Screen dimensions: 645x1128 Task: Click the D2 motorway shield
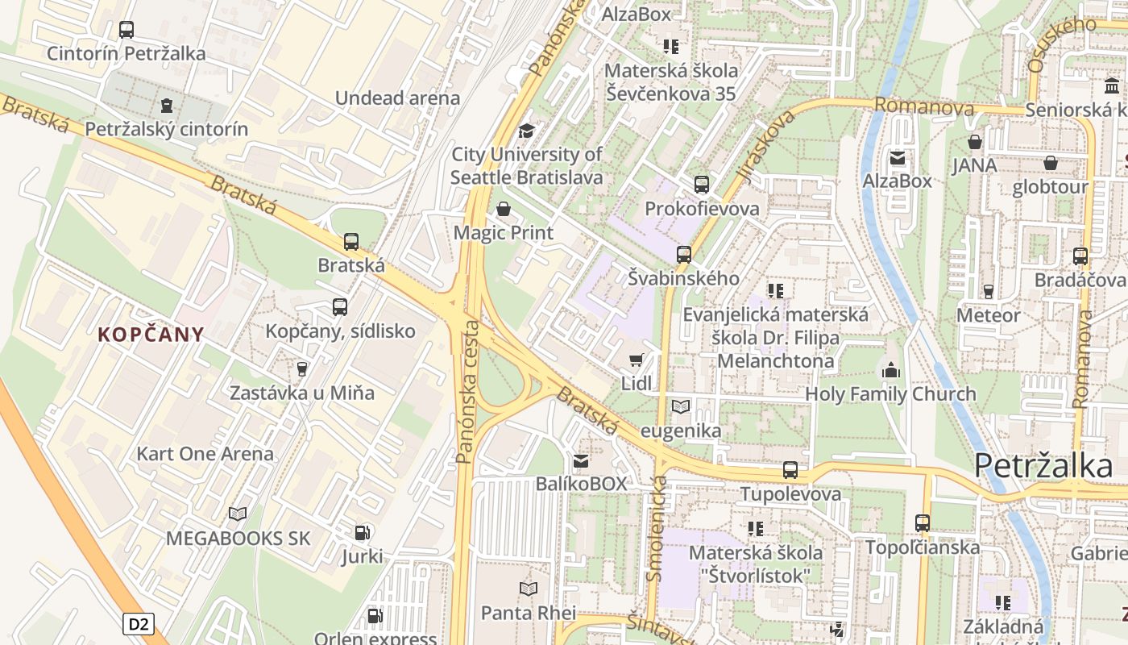click(x=139, y=623)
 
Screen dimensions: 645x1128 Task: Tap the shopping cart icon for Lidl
click(x=637, y=360)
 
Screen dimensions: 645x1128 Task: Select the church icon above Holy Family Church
click(x=890, y=370)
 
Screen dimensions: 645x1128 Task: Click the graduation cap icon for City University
click(x=526, y=131)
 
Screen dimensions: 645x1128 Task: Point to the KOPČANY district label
click(x=151, y=335)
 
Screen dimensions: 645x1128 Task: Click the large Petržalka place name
click(x=1043, y=465)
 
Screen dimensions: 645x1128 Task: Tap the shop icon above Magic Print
click(x=504, y=210)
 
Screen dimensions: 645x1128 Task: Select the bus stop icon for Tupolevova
click(x=790, y=470)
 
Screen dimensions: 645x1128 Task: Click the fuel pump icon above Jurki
click(x=363, y=533)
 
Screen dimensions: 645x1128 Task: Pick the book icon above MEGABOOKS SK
click(x=238, y=514)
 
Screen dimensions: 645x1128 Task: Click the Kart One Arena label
click(x=205, y=453)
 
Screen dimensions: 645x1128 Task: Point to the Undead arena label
click(x=397, y=98)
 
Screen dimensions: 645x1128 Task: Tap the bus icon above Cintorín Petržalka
click(x=126, y=30)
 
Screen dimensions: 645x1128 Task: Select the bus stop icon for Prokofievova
click(x=702, y=185)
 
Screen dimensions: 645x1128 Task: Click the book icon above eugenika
click(x=681, y=406)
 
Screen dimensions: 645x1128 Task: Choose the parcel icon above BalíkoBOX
click(x=581, y=460)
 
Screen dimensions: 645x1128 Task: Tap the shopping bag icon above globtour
click(x=1051, y=163)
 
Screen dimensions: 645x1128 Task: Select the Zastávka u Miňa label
click(x=302, y=393)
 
